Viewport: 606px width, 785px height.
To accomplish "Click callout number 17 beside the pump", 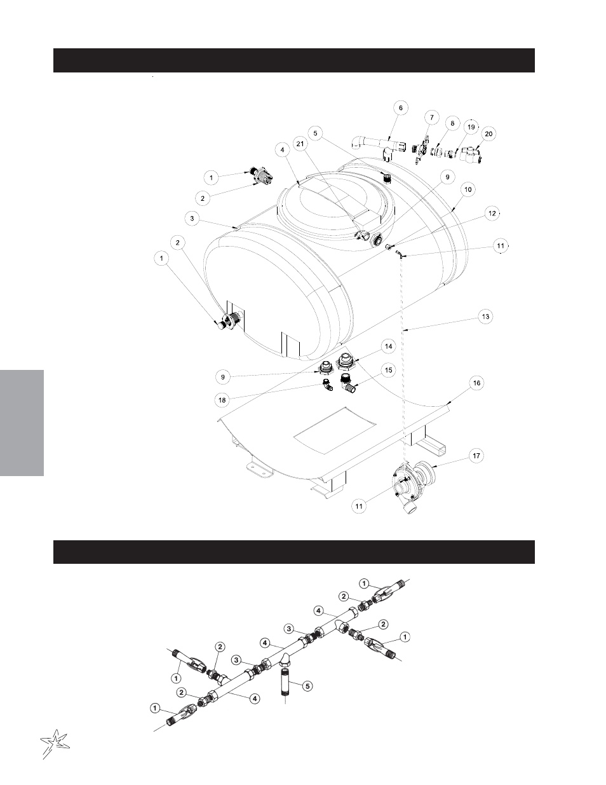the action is [476, 456].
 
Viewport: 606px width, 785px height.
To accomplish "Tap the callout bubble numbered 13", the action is [485, 317].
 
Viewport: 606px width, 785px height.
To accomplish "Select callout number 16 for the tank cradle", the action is [477, 383].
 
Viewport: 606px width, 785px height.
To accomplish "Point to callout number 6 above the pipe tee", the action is [401, 108].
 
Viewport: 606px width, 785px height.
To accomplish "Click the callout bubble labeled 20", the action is [488, 134].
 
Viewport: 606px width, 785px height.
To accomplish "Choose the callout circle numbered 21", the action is [300, 144].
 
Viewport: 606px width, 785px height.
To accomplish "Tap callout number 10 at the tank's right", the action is [468, 189].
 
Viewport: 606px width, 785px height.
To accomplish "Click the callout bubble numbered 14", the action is [388, 346].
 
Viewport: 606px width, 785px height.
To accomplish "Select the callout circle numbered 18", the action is [222, 400].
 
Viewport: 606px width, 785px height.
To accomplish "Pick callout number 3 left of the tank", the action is [192, 219].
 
